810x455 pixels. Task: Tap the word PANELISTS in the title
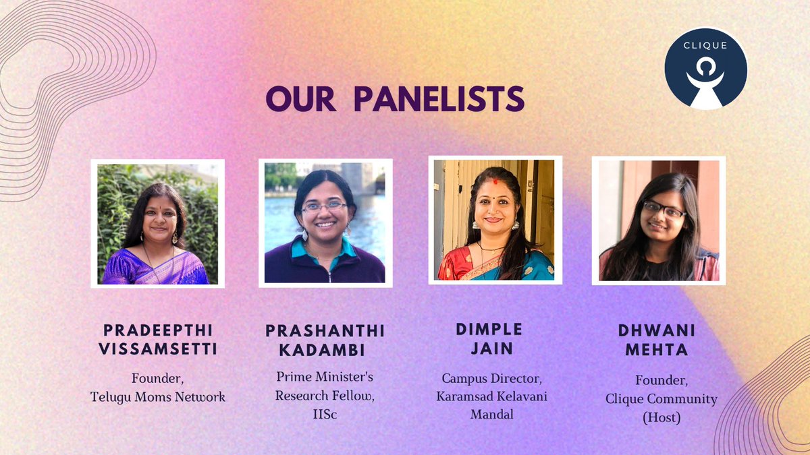(439, 99)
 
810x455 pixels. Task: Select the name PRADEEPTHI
(157, 330)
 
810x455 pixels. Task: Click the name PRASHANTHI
(325, 330)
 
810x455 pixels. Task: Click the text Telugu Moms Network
(158, 397)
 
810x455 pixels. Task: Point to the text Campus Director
(491, 379)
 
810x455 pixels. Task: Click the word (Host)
(661, 418)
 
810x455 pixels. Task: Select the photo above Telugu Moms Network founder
(157, 224)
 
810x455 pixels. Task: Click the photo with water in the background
(325, 222)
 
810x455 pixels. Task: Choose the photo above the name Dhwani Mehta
(659, 220)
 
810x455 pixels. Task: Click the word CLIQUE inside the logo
(705, 46)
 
